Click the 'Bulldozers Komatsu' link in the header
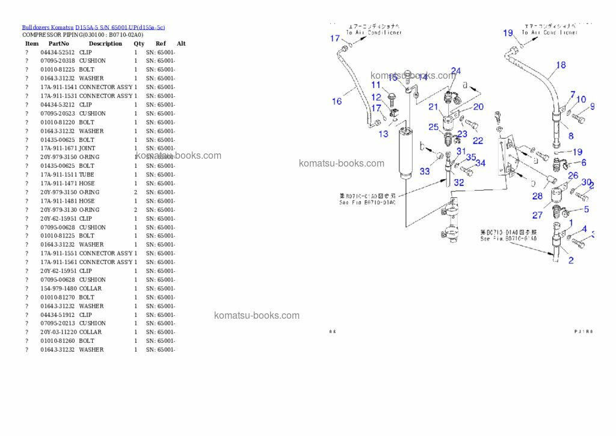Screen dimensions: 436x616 point(48,27)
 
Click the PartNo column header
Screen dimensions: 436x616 point(58,43)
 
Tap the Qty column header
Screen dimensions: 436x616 point(139,43)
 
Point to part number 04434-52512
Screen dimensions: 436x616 point(58,52)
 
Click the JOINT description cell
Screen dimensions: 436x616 point(87,148)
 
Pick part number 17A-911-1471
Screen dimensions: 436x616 point(58,183)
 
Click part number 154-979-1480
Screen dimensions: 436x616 point(58,289)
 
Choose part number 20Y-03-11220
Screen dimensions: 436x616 point(58,332)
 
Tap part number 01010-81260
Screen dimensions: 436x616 point(58,341)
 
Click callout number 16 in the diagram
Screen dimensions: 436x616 point(337,101)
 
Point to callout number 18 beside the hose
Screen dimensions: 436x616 point(561,65)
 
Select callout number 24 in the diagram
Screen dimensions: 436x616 point(456,71)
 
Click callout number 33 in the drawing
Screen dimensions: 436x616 point(425,171)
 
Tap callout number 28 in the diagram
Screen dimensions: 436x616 point(537,196)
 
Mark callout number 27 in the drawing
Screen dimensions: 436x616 point(537,215)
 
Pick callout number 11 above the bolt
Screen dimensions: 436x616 point(376,85)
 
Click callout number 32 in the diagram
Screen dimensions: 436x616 point(459,182)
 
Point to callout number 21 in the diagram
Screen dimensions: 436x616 point(433,106)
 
